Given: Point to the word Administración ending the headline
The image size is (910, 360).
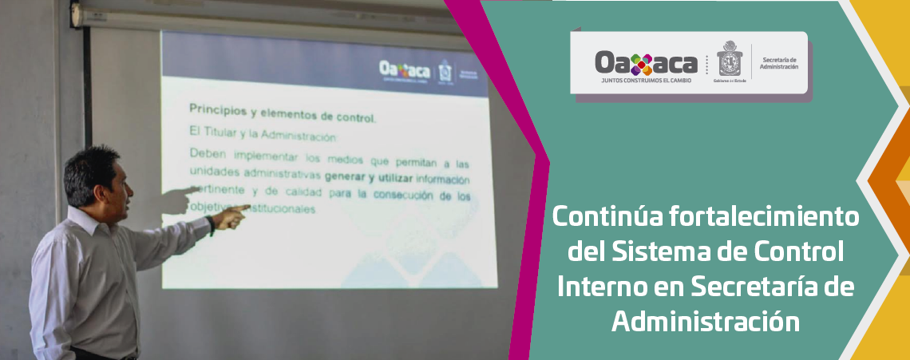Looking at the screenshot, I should pyautogui.click(x=706, y=322).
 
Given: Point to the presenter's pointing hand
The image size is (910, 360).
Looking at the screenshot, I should pyautogui.click(x=233, y=216).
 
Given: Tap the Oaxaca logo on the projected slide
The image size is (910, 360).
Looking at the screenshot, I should pyautogui.click(x=403, y=69).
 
